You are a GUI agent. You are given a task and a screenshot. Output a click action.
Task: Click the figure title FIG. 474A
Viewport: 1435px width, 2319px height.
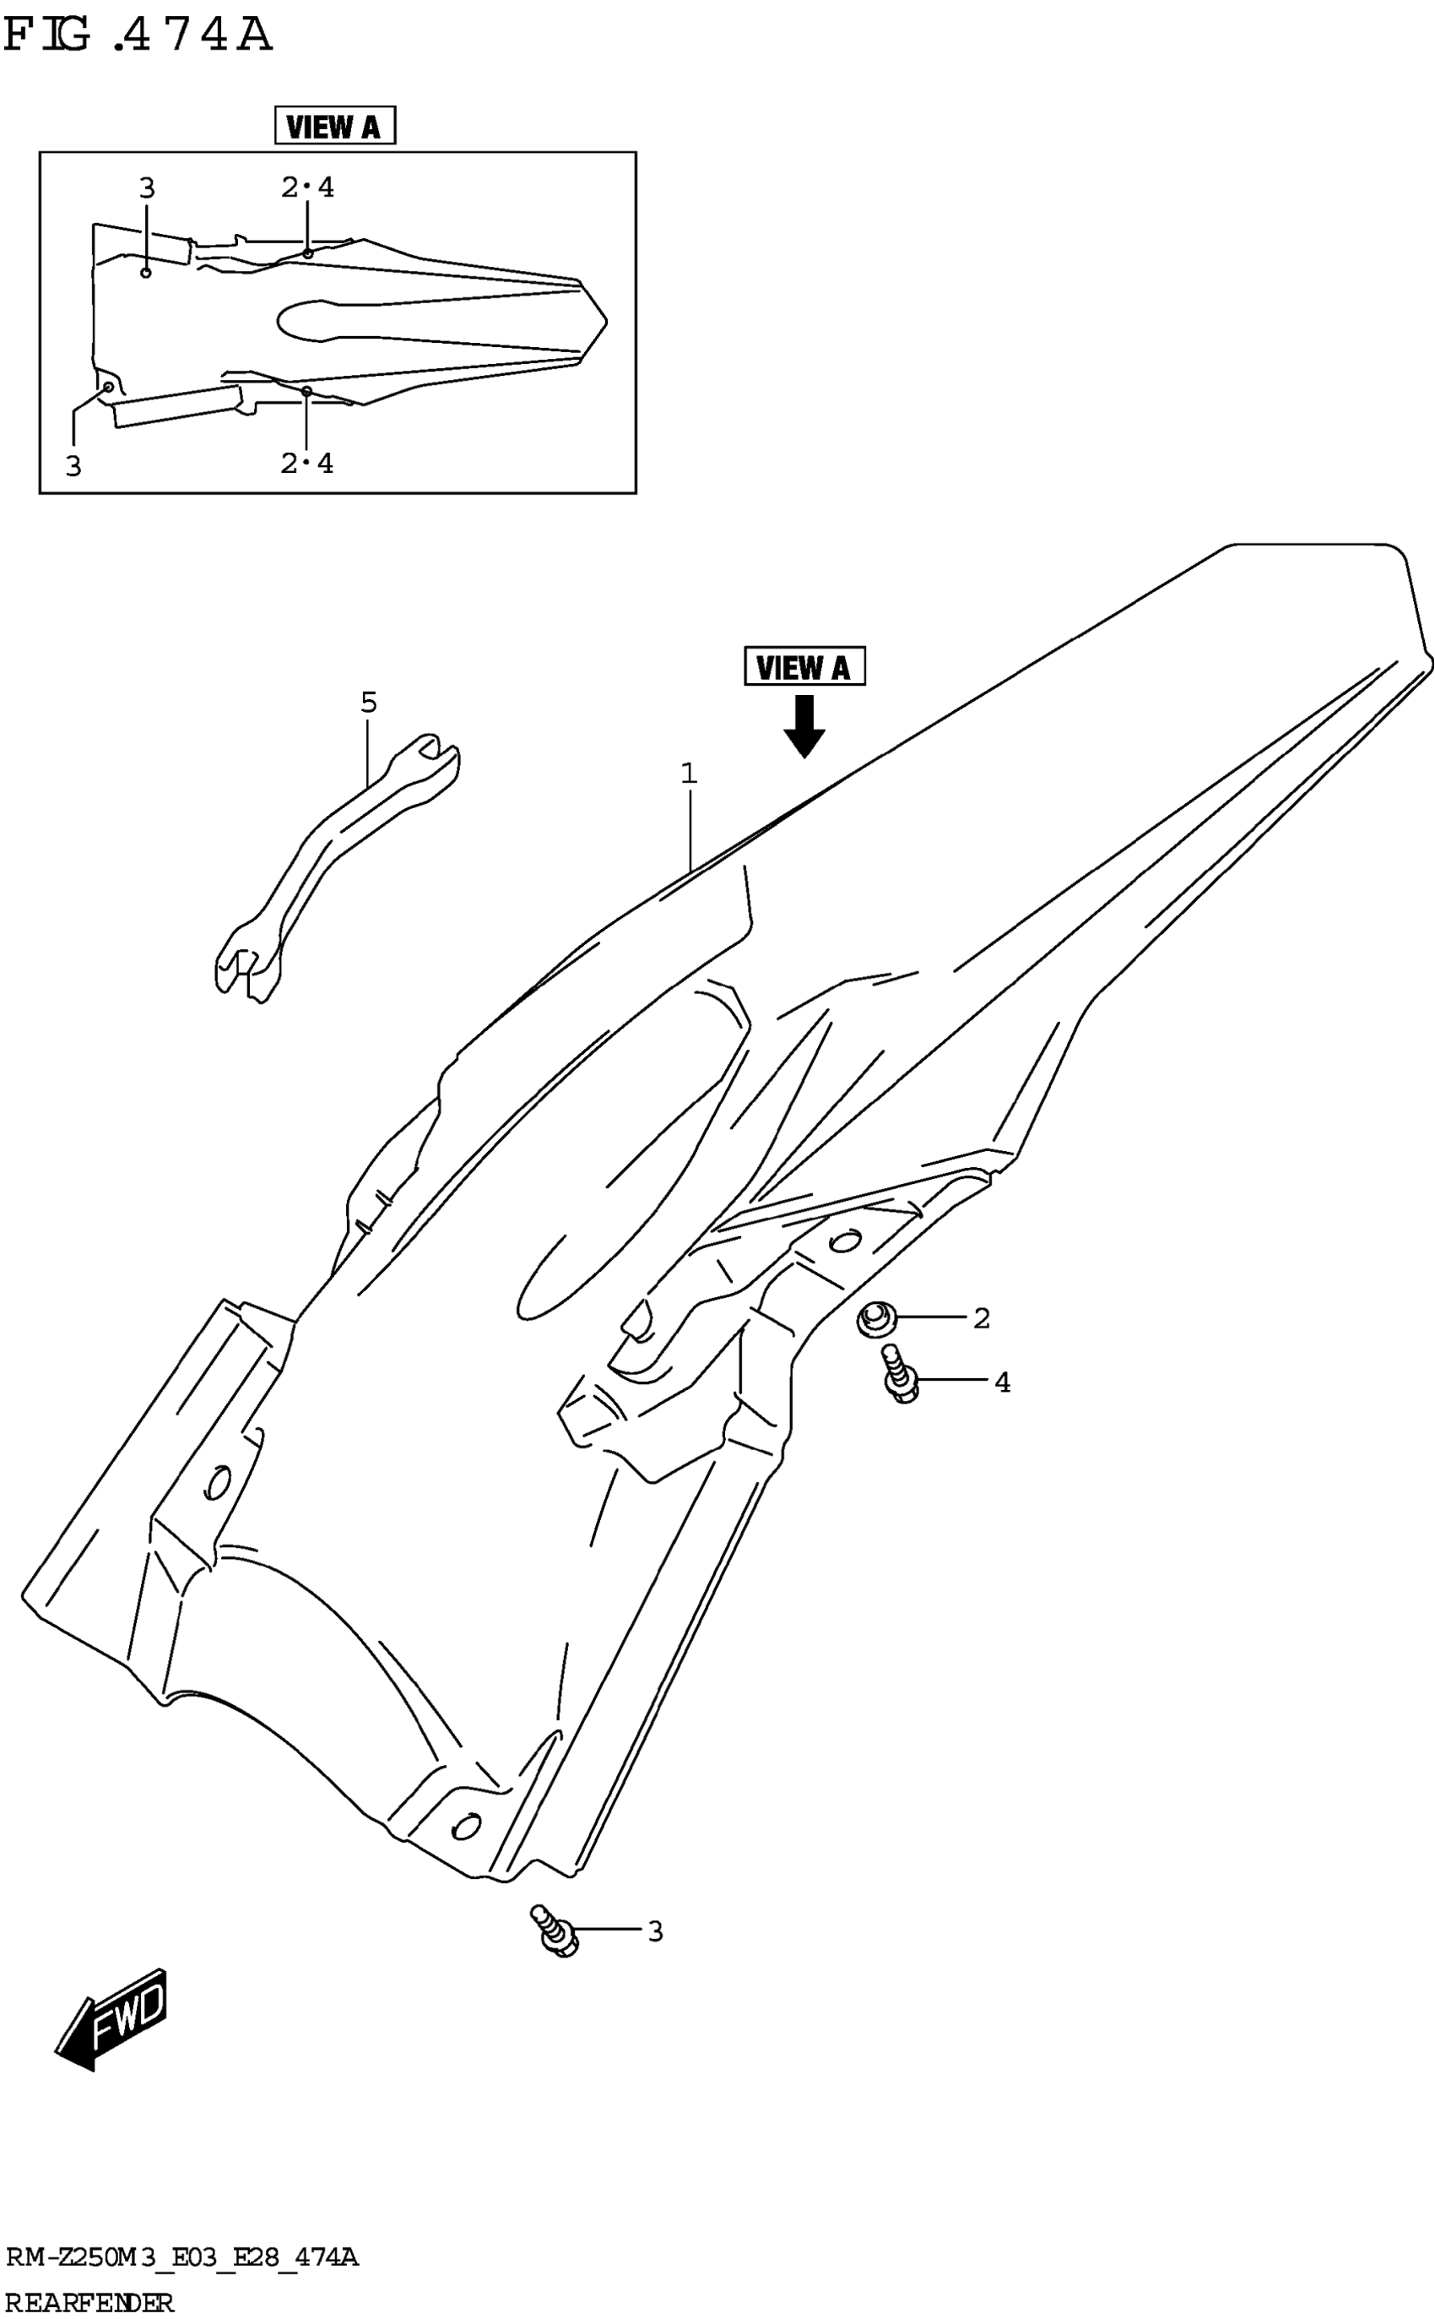138,36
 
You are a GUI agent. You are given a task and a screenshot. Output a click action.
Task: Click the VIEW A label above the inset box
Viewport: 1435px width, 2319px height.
334,125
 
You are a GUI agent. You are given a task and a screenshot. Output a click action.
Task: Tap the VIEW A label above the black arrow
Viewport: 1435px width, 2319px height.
804,667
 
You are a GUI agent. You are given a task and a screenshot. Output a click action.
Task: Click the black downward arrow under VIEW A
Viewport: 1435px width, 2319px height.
804,726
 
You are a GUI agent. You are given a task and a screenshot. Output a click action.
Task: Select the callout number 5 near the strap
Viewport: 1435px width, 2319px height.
368,703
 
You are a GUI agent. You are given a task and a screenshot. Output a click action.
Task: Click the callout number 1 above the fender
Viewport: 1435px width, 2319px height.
689,774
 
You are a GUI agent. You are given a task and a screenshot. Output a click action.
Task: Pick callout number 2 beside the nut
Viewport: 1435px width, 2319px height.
982,1318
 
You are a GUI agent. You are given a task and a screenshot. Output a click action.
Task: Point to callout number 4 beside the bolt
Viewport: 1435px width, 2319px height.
1002,1383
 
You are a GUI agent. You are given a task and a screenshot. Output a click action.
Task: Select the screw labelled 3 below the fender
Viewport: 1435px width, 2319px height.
555,1930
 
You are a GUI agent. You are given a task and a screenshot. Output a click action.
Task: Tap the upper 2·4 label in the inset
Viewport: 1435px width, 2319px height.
307,188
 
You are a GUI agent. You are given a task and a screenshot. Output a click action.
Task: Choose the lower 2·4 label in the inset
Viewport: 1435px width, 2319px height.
307,464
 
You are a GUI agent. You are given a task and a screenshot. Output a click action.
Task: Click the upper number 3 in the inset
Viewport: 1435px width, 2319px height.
146,188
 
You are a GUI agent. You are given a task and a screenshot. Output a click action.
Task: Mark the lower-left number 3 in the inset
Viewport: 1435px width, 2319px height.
73,466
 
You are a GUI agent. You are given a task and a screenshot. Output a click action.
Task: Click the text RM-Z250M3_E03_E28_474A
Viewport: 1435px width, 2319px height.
182,2257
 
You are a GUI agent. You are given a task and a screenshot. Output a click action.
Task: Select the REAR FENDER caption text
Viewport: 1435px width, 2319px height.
90,2302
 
